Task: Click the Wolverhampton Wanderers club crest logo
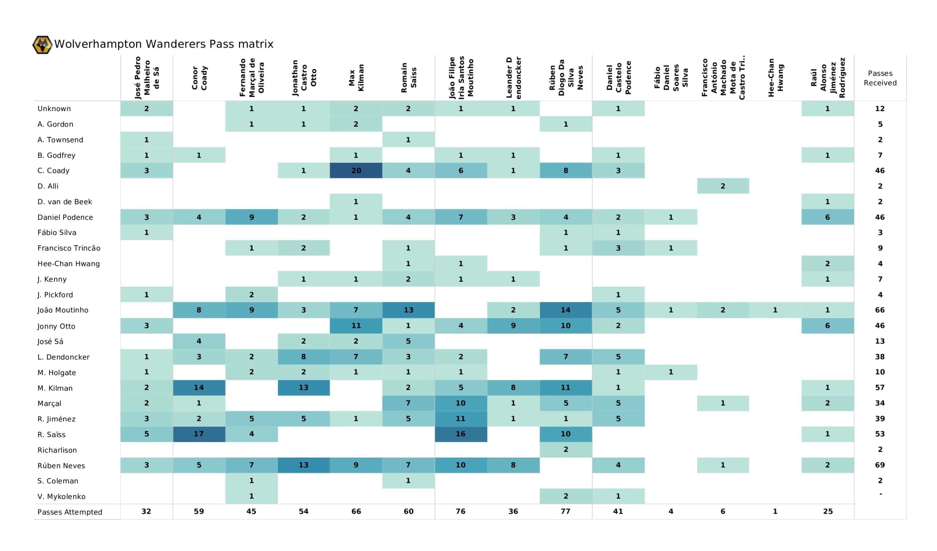42,45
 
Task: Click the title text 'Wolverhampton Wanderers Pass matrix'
164,44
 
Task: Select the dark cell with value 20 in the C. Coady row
356,170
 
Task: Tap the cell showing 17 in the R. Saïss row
199,434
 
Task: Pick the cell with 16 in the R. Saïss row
461,434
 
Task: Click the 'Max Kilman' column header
356,77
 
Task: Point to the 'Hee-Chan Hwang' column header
775,77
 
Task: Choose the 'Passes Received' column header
880,78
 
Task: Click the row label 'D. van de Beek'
65,202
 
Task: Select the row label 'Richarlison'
57,450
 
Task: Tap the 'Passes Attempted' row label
70,512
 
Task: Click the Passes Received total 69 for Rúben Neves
880,465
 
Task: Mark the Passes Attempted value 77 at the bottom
565,511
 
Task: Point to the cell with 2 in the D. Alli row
723,186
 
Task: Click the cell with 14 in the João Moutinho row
565,310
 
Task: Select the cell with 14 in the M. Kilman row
199,388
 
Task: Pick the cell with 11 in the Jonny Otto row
356,326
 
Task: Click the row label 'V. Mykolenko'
61,497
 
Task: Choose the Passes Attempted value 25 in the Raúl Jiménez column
828,511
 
